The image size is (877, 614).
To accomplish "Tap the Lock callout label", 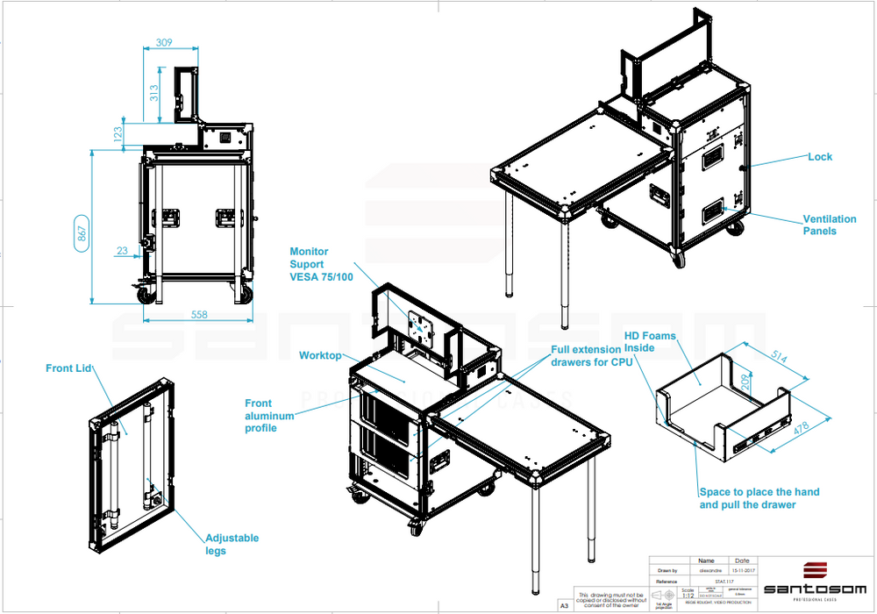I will point(820,157).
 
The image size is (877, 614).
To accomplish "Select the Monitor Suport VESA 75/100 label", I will point(320,264).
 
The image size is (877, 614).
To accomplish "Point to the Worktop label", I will point(319,356).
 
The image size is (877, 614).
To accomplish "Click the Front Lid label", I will point(69,368).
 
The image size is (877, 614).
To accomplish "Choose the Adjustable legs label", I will point(232,544).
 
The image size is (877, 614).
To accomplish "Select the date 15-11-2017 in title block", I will point(742,569).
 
